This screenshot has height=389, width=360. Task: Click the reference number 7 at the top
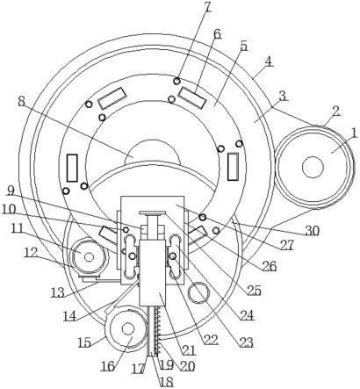207,7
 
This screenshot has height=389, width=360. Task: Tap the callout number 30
312,231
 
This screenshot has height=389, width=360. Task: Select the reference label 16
108,366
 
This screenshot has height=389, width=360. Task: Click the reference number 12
31,253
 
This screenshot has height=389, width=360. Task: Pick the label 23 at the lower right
246,342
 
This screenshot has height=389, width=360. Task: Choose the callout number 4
269,61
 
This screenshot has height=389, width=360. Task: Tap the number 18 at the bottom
167,381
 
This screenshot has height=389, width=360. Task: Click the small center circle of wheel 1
313,167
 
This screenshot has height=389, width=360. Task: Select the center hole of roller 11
89,257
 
